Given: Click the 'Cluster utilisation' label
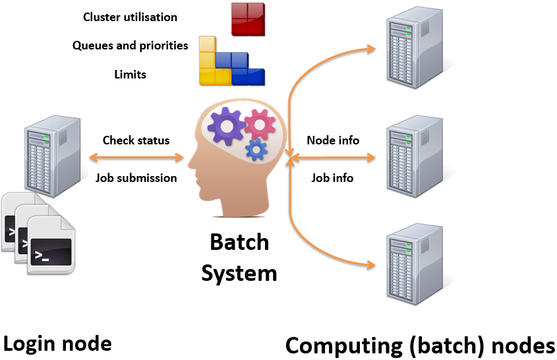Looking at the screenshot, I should click(x=130, y=17).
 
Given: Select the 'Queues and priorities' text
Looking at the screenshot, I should click(x=130, y=45).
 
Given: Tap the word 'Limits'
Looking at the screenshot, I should click(x=130, y=74).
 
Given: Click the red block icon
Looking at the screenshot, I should click(x=248, y=18).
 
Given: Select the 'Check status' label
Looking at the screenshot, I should click(x=136, y=140).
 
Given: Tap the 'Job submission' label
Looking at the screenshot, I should click(x=136, y=177).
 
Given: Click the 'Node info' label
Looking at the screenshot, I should click(x=333, y=140).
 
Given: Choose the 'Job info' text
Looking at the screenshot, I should click(x=332, y=177).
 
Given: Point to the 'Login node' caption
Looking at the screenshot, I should click(x=57, y=344).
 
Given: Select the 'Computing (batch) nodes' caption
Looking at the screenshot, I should click(x=420, y=345).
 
